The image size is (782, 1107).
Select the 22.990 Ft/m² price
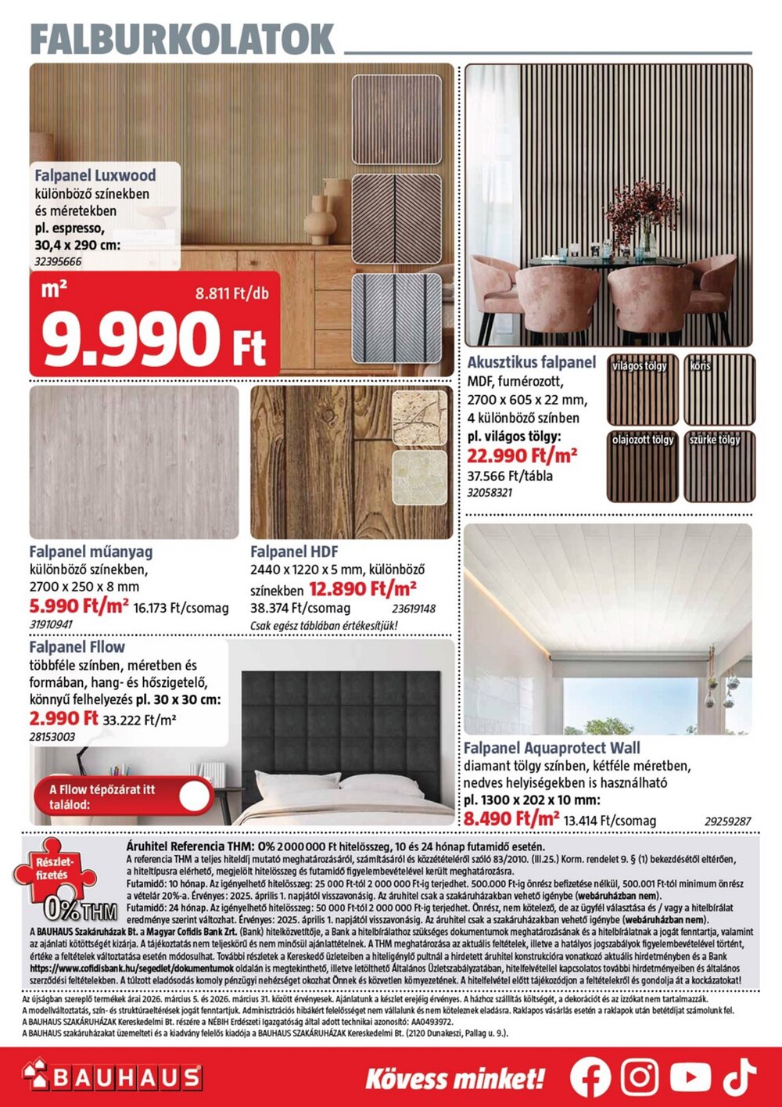[x=522, y=455]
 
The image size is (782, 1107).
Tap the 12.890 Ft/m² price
[x=363, y=588]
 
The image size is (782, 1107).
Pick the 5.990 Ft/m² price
[x=79, y=606]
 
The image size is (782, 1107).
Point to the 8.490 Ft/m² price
[x=511, y=819]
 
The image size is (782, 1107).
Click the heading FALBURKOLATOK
[x=182, y=38]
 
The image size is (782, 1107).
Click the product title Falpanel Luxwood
[x=95, y=175]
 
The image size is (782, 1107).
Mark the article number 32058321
[x=490, y=493]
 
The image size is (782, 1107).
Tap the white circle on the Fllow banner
[x=195, y=796]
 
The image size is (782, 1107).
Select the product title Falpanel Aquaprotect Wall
[x=551, y=748]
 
